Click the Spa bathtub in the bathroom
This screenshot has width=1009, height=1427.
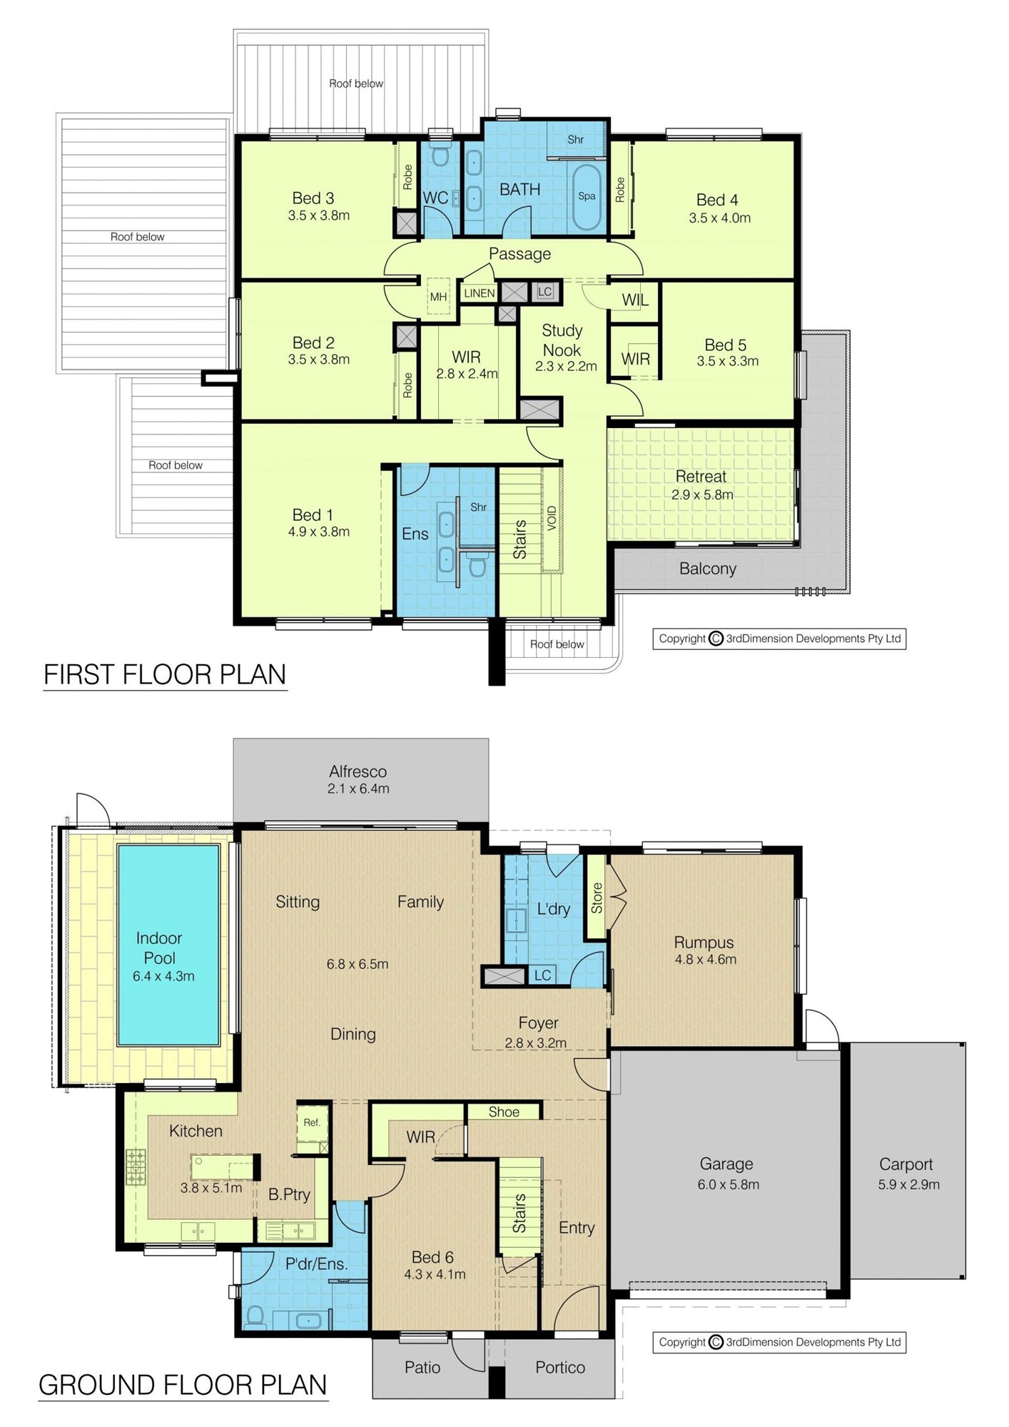[587, 198]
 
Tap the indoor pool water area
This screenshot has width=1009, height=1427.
[168, 945]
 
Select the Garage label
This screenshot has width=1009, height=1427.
[726, 1164]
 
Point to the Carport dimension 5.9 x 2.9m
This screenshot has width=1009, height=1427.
[908, 1184]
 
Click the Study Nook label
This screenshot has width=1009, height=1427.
[562, 340]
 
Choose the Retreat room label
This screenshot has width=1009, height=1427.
[701, 476]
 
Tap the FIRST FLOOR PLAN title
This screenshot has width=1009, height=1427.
[165, 674]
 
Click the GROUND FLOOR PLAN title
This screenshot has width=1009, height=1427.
[183, 1384]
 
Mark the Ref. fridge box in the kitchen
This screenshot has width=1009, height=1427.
[313, 1124]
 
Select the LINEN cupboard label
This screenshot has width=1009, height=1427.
[480, 293]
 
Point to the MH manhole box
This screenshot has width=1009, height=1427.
[439, 296]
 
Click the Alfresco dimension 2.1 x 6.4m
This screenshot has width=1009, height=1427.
[358, 788]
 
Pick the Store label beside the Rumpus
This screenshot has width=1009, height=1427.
[597, 898]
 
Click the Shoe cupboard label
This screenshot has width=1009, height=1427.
[504, 1112]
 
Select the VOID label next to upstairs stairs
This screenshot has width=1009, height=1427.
[552, 519]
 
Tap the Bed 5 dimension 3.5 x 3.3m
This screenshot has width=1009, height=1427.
[727, 361]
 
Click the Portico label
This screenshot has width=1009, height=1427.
[560, 1367]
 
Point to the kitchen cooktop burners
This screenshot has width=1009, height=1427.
[136, 1167]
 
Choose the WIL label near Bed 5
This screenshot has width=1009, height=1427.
[635, 300]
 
